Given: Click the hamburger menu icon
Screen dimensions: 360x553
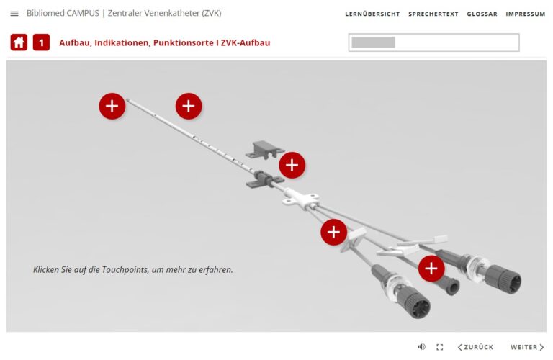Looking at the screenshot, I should point(14,14).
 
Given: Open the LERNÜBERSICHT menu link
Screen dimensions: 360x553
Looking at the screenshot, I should point(372,14).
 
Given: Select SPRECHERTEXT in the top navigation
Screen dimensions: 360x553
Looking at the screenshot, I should point(433,14).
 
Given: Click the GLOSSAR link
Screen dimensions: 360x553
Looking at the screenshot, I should point(482,14).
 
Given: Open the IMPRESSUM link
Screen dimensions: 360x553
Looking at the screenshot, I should point(525,14).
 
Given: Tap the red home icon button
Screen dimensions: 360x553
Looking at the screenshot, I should point(19,42).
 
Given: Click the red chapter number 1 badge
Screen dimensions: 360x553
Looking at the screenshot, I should point(41,42).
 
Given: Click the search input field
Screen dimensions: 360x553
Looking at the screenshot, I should point(433,42).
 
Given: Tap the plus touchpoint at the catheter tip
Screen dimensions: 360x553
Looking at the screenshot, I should point(112,106).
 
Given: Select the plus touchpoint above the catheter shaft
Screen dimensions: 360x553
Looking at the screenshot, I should point(189,106).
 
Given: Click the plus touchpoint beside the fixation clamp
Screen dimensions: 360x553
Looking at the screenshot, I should point(292,165).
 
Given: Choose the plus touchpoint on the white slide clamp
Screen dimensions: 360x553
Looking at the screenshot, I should point(333,232).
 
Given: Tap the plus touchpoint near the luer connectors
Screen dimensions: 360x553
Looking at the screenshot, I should point(431,269).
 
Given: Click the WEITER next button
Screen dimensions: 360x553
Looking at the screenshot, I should point(527,347).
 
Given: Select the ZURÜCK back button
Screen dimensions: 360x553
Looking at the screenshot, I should point(475,347).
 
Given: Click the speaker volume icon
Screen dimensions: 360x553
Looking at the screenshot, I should point(421,347).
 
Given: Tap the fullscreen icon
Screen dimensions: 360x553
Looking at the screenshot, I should point(440,347).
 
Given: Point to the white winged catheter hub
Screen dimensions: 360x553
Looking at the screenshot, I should point(301,197).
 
